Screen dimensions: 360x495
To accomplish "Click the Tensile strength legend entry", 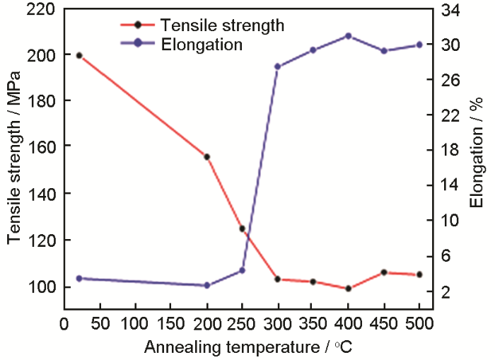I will pyautogui.click(x=222, y=25).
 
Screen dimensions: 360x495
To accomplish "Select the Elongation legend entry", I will pyautogui.click(x=202, y=44).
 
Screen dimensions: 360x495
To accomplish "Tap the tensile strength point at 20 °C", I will pyautogui.click(x=79, y=55).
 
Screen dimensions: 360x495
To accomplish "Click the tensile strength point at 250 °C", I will pyautogui.click(x=242, y=228).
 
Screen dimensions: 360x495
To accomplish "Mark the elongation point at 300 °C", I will pyautogui.click(x=278, y=66).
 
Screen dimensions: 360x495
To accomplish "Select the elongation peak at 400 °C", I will pyautogui.click(x=348, y=36).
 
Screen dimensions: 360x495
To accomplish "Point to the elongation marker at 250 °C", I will pyautogui.click(x=242, y=270).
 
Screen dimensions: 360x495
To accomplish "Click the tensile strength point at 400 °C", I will pyautogui.click(x=348, y=289).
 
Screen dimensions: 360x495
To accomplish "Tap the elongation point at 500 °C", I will pyautogui.click(x=419, y=45).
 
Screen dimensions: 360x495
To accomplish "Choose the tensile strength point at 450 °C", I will pyautogui.click(x=383, y=272).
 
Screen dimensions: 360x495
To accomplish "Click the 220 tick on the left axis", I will pyautogui.click(x=43, y=10).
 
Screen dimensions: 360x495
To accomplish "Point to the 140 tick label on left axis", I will pyautogui.click(x=43, y=194).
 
